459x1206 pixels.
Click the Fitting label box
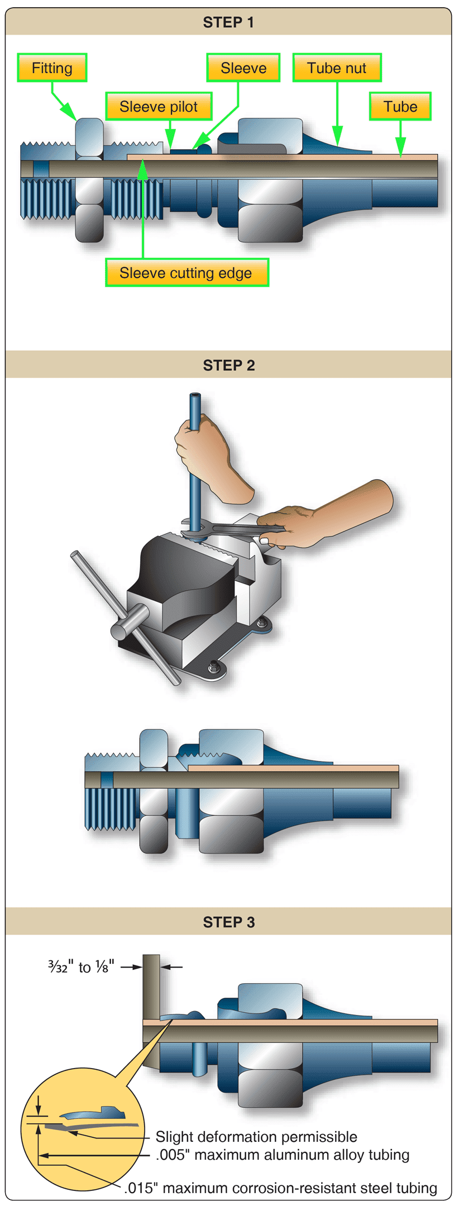[52, 68]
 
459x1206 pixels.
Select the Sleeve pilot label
[159, 107]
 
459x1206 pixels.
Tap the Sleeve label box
[243, 68]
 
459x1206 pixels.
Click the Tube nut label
[337, 68]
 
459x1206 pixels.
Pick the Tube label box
[400, 107]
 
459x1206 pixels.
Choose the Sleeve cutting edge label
[187, 273]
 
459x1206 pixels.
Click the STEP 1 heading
[228, 22]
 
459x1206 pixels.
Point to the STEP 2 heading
[228, 365]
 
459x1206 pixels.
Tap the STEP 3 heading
[228, 922]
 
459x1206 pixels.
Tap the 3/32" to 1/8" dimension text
[81, 967]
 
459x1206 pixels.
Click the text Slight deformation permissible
[256, 1137]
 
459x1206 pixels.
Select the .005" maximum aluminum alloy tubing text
[283, 1155]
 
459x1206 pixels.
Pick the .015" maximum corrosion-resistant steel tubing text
[280, 1188]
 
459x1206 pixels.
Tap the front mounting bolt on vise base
[213, 666]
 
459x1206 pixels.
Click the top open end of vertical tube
[195, 396]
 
